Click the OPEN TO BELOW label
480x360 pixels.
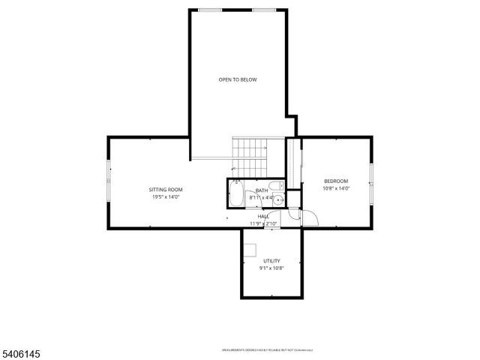[238, 79]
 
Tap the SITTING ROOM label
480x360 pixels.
[166, 190]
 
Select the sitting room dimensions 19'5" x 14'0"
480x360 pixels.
[166, 198]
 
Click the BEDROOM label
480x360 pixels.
[336, 181]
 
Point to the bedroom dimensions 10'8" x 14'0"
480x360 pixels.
[336, 188]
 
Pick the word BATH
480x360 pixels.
[262, 190]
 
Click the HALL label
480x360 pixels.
[264, 216]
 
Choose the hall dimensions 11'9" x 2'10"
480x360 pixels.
[264, 223]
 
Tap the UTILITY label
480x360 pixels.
[271, 260]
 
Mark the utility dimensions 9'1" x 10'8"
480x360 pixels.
[271, 268]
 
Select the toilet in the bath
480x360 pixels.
[275, 187]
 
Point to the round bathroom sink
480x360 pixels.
[277, 199]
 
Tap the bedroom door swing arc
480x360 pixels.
[310, 217]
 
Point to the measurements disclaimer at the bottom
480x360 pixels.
[267, 350]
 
